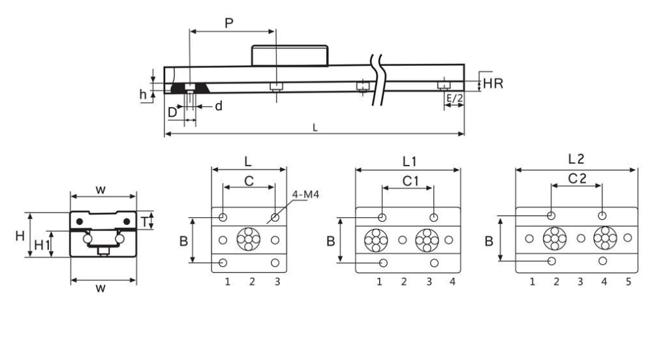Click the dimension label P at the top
[x=228, y=23]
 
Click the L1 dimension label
[x=409, y=160]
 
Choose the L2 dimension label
[x=576, y=158]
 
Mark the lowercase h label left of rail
[x=144, y=93]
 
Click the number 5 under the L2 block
[x=627, y=282]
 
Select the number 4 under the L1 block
[x=452, y=282]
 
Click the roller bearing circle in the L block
[x=249, y=240]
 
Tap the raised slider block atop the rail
[x=289, y=55]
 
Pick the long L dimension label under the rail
[x=315, y=128]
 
